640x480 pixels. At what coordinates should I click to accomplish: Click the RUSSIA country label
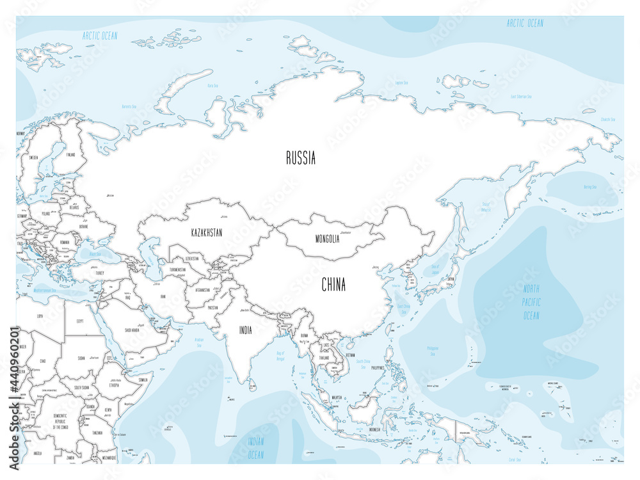[300, 158]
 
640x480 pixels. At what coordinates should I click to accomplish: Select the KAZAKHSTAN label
[206, 233]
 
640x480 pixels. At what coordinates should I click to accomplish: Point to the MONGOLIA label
[327, 239]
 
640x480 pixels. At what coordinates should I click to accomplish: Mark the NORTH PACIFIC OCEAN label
[531, 302]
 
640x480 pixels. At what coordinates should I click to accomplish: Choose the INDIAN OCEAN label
[255, 449]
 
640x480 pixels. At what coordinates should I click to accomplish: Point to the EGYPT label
[80, 321]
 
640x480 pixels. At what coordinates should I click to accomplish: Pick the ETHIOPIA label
[115, 386]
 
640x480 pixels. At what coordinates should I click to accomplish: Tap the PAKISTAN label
[212, 307]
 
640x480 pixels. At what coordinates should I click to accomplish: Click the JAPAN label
[451, 279]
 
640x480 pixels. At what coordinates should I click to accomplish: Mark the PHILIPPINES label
[378, 368]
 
